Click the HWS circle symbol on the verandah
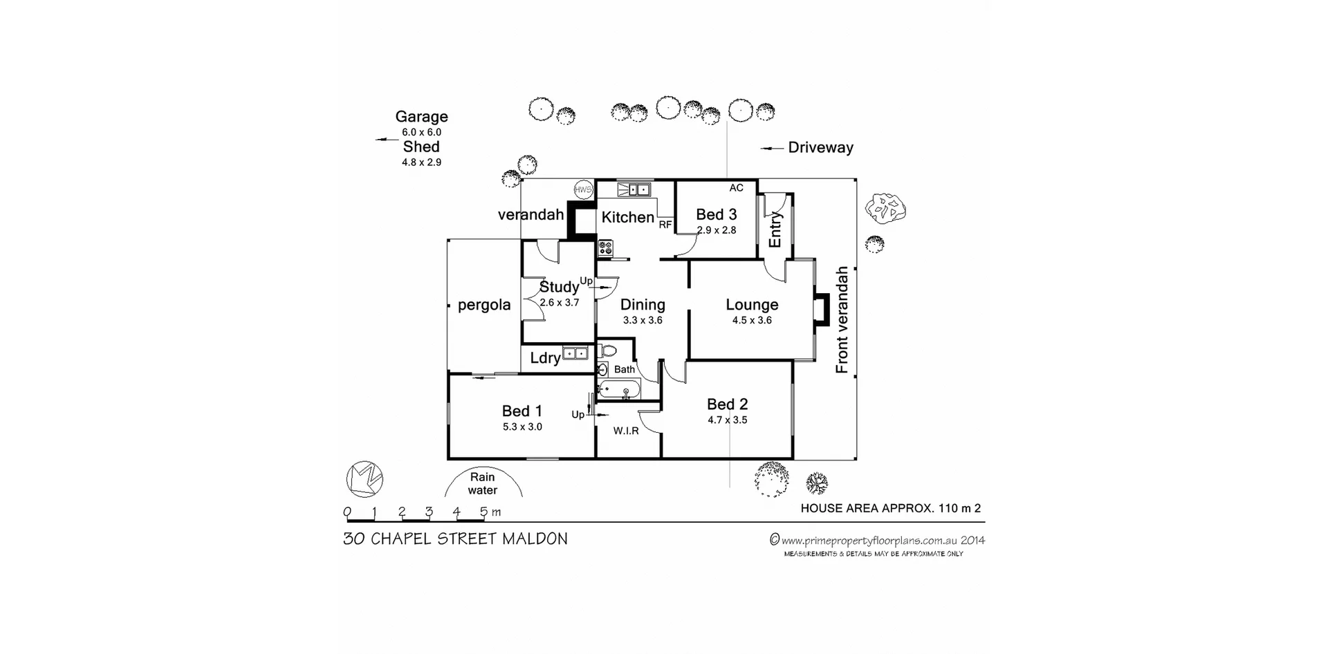click(583, 189)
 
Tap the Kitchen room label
click(627, 217)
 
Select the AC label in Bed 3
click(736, 188)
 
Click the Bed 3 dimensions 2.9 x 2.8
click(717, 230)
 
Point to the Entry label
click(775, 230)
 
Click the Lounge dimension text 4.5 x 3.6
click(752, 320)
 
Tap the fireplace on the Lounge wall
click(821, 310)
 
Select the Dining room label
click(643, 305)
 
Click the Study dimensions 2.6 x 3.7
click(559, 303)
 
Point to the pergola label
click(484, 305)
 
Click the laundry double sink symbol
click(575, 353)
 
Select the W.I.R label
click(626, 431)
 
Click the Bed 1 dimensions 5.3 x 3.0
click(522, 427)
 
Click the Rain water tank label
click(483, 483)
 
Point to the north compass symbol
click(365, 478)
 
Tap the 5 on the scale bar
click(483, 512)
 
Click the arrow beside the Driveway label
click(771, 148)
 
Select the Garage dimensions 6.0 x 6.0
click(421, 132)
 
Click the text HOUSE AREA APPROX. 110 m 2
click(890, 508)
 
